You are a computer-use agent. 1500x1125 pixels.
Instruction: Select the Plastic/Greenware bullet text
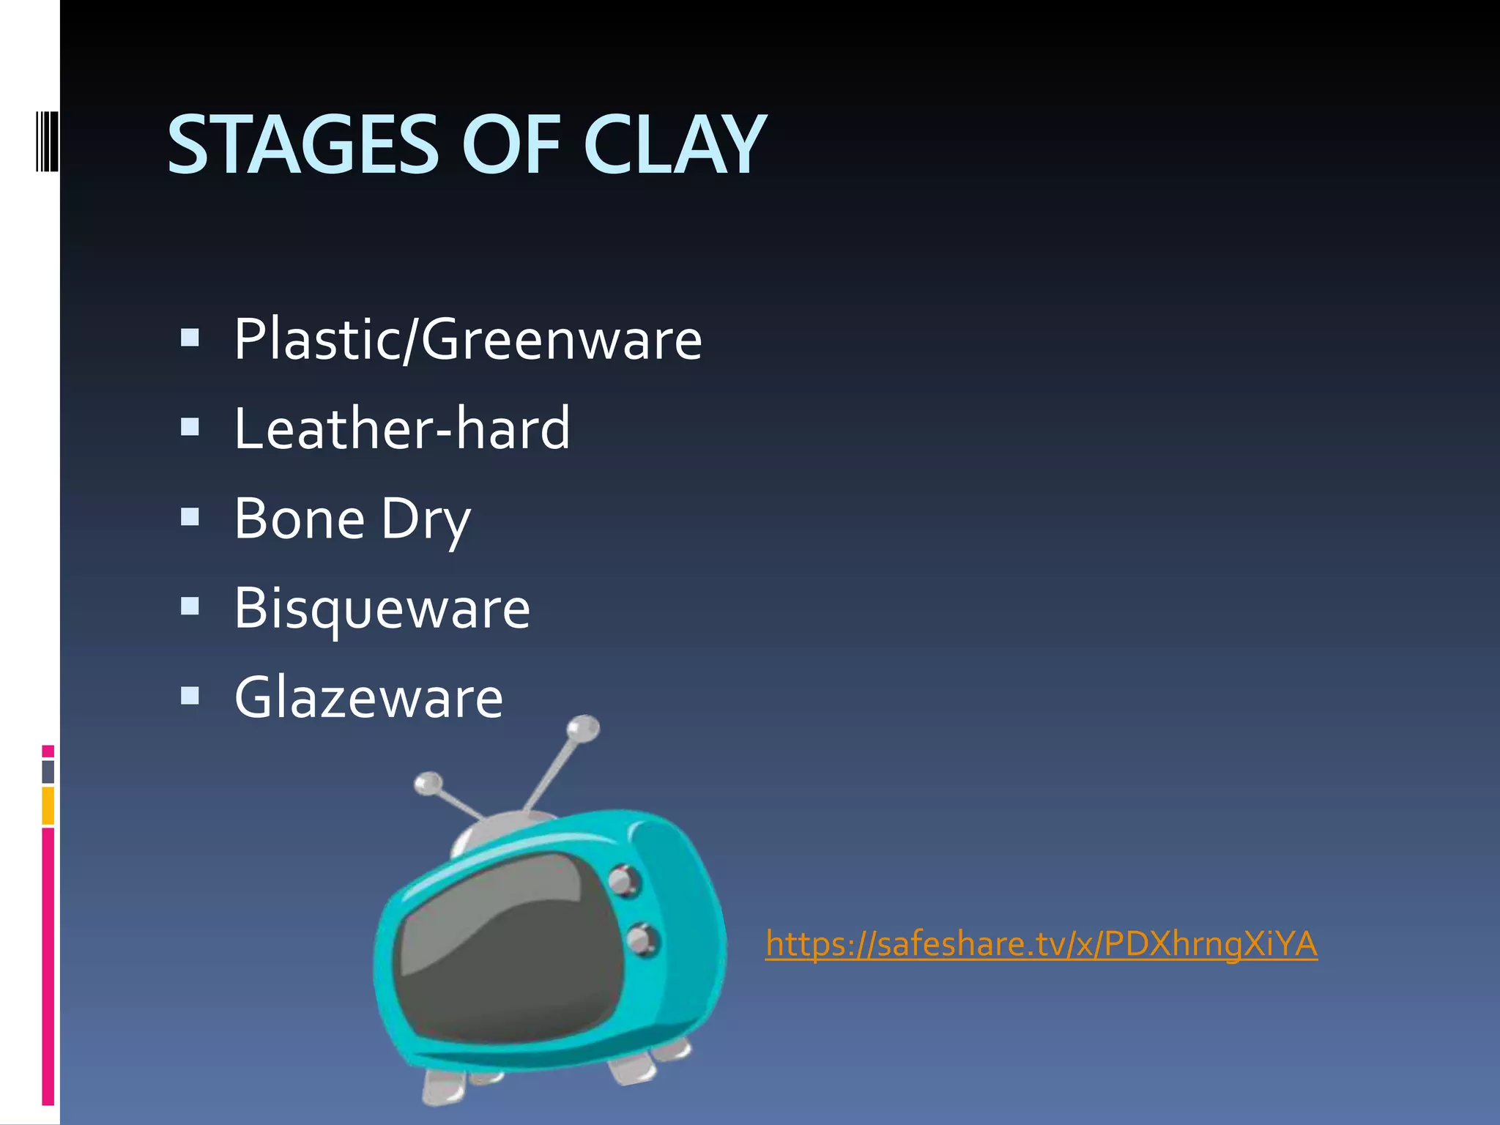click(468, 340)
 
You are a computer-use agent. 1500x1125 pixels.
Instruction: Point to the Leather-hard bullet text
click(402, 429)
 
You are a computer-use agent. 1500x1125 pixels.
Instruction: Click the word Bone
click(300, 519)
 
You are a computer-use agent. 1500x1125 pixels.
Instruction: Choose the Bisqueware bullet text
click(382, 609)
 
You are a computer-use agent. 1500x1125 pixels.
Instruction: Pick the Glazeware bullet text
click(369, 698)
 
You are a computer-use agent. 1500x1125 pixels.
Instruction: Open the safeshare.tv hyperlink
click(1041, 943)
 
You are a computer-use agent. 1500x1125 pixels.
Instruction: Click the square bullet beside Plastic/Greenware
click(190, 338)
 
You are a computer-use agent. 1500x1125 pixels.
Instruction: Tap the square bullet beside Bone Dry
click(190, 517)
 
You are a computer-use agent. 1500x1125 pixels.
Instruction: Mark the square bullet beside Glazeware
click(190, 695)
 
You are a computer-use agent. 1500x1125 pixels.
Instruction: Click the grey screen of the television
click(505, 945)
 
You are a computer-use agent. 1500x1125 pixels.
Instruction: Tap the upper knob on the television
click(623, 880)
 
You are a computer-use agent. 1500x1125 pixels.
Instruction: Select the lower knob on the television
click(642, 939)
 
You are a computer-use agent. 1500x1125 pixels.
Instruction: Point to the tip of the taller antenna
click(584, 727)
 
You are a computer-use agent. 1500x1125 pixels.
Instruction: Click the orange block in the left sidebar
click(48, 806)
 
